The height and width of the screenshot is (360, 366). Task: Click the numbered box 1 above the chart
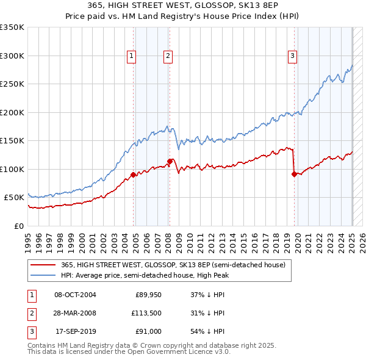click(x=132, y=56)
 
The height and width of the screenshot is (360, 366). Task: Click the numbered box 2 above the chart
click(x=168, y=56)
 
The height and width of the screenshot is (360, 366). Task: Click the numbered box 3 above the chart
click(x=293, y=56)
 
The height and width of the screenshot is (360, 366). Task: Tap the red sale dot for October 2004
click(x=133, y=175)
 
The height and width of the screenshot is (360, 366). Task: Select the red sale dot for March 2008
click(x=170, y=161)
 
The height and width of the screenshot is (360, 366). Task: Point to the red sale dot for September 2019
click(x=294, y=174)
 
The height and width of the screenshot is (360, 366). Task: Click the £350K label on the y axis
click(x=12, y=27)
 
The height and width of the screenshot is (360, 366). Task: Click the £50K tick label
click(x=14, y=198)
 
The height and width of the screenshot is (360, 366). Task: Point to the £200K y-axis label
click(x=12, y=112)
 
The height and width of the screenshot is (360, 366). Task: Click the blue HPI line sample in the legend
click(x=43, y=275)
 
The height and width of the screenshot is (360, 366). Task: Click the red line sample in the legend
click(x=43, y=265)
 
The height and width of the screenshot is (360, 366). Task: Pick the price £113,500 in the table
click(x=145, y=314)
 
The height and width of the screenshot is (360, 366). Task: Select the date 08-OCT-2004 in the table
click(x=75, y=295)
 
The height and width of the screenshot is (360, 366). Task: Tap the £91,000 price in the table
click(x=147, y=333)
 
